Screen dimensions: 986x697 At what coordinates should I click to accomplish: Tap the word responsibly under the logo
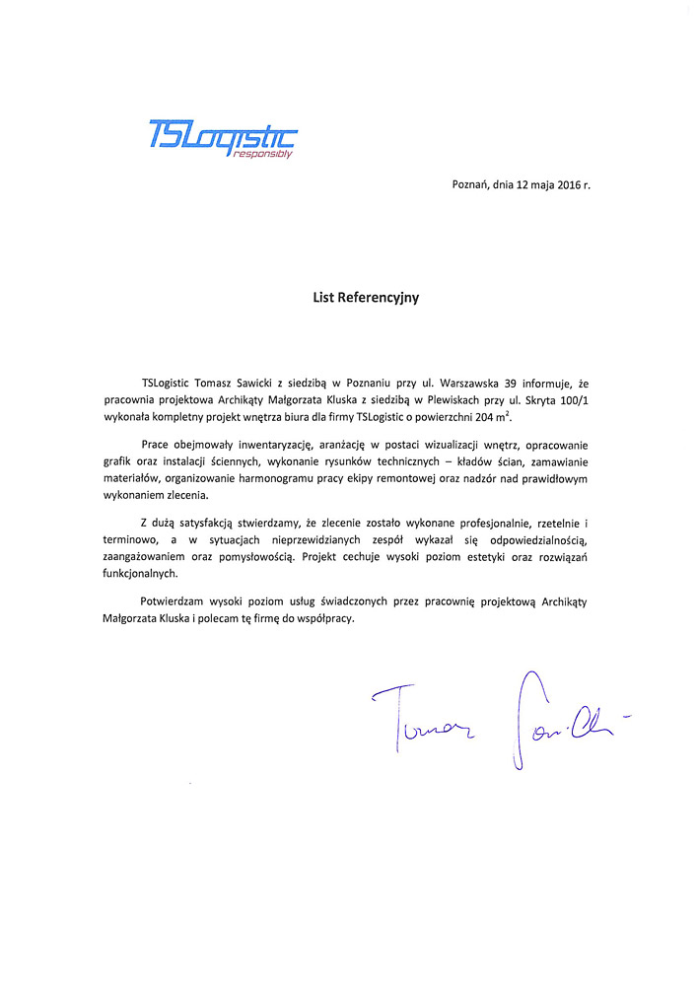point(263,154)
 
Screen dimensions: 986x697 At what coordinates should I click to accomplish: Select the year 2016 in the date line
point(565,184)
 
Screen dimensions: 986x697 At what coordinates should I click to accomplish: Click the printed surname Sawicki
point(258,382)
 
